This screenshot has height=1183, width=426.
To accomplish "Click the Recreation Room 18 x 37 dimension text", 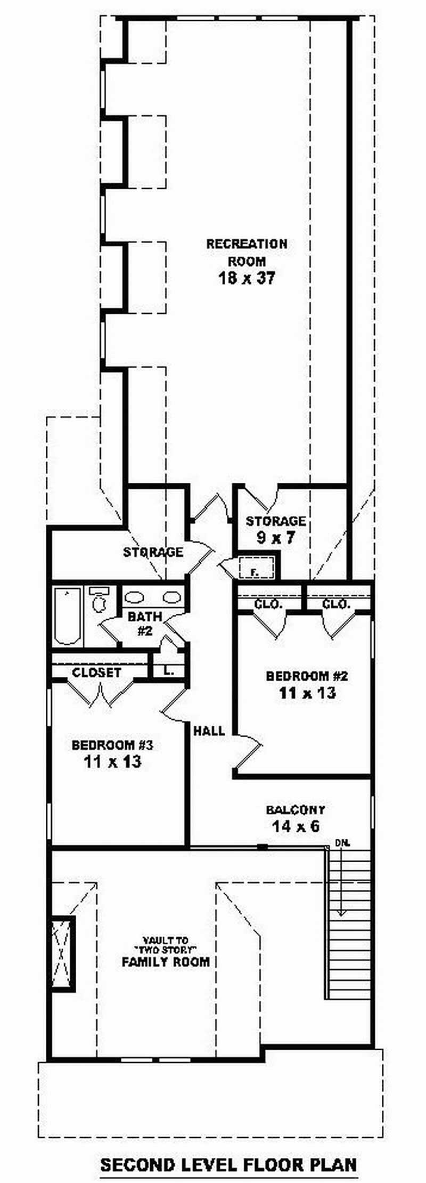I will pyautogui.click(x=247, y=278).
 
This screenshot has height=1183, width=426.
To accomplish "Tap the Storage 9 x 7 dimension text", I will pyautogui.click(x=275, y=537).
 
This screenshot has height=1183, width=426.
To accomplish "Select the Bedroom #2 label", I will pyautogui.click(x=307, y=676).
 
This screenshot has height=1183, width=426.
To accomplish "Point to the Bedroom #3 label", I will pyautogui.click(x=112, y=744).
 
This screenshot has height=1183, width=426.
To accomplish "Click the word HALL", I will pyautogui.click(x=209, y=731).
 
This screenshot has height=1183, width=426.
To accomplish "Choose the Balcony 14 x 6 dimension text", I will pyautogui.click(x=296, y=827).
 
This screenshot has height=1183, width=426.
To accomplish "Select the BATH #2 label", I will pyautogui.click(x=145, y=623).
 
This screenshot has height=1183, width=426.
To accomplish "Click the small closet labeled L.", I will pyautogui.click(x=168, y=671).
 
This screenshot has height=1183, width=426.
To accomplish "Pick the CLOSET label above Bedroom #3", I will pyautogui.click(x=96, y=672).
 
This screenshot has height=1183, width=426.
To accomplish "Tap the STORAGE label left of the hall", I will pyautogui.click(x=153, y=552).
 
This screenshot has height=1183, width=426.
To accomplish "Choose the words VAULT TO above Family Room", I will pyautogui.click(x=166, y=941).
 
